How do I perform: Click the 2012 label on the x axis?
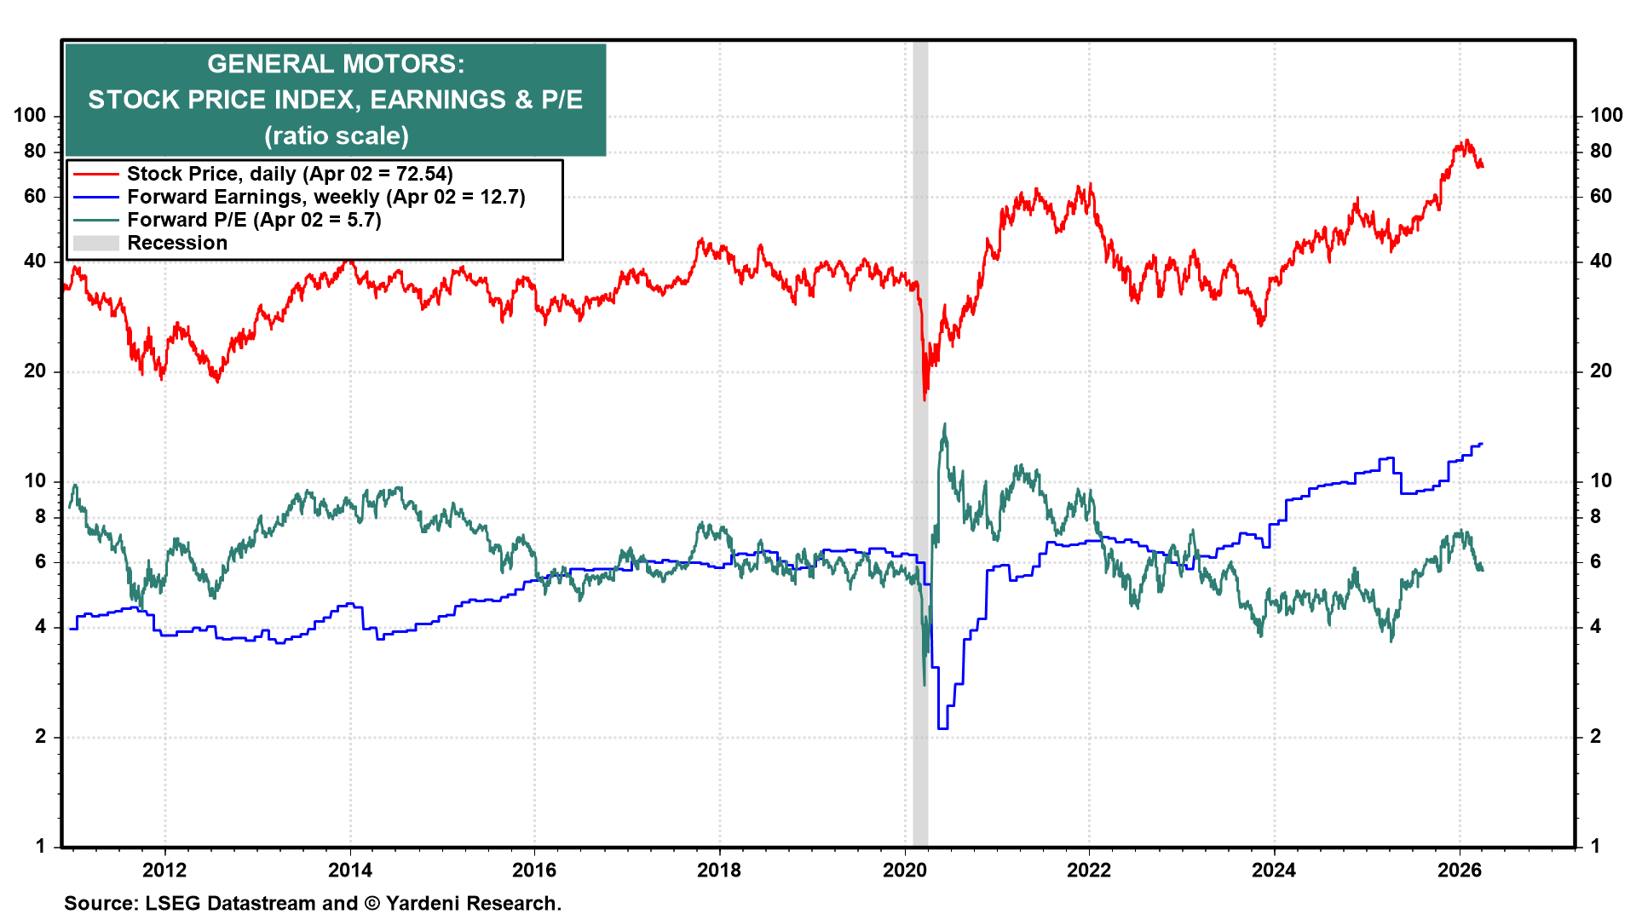click(164, 870)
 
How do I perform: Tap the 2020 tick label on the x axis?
click(904, 870)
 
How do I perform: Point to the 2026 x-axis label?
click(1459, 870)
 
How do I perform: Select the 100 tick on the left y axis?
click(30, 115)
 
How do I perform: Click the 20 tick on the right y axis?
click(1601, 371)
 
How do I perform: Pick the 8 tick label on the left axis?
click(40, 516)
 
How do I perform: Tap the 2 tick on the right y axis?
click(1596, 736)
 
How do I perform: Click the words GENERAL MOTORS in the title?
click(336, 64)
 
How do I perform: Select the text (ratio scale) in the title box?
click(336, 135)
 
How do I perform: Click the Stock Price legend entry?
click(290, 174)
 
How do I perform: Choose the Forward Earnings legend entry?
click(325, 197)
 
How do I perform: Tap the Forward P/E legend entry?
click(254, 220)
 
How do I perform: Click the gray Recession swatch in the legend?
click(95, 243)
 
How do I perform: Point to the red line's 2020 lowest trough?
click(925, 399)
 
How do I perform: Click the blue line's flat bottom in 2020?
click(942, 728)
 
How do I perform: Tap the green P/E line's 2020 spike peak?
click(944, 424)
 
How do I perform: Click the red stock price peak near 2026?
click(1466, 141)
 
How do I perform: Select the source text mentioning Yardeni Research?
click(313, 903)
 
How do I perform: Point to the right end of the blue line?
click(1482, 444)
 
